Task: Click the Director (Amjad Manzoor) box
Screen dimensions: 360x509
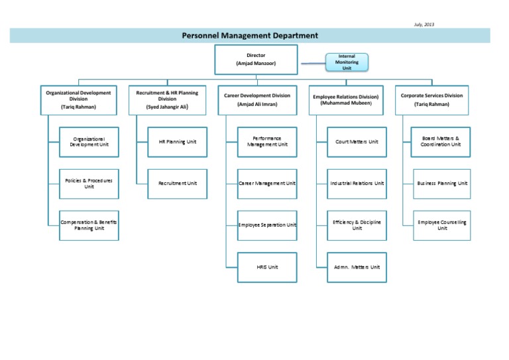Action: click(257, 59)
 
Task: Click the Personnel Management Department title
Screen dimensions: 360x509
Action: click(251, 35)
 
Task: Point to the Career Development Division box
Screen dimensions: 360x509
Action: click(257, 99)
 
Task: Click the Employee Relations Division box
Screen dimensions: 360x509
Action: click(346, 99)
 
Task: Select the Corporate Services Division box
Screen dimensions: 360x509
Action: click(431, 99)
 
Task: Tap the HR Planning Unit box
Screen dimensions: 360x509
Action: click(178, 142)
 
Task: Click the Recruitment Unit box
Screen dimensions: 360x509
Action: click(178, 183)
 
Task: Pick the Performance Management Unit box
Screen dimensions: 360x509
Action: click(268, 142)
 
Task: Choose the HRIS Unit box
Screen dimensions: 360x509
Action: click(268, 267)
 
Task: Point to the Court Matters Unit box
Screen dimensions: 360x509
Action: click(357, 142)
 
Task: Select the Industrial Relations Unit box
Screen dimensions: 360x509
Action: click(357, 183)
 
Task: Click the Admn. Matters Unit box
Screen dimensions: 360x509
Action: click(357, 267)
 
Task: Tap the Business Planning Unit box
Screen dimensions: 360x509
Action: click(442, 183)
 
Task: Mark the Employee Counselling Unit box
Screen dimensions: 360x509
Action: click(442, 225)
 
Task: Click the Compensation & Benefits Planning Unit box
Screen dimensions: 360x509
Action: click(89, 225)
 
